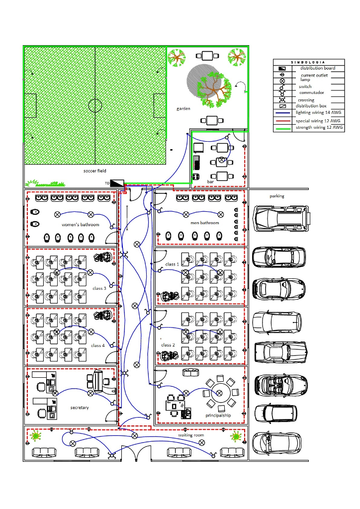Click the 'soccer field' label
pos(94,171)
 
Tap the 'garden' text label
pos(183,108)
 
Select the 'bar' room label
pos(210,182)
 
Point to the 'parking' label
pos(277,196)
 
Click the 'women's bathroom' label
pos(81,225)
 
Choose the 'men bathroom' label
pos(204,223)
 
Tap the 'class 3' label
pos(99,288)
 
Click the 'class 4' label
pos(97,345)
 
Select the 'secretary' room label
pos(80,408)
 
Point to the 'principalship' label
pos(218,415)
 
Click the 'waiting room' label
pos(191,435)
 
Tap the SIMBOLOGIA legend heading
pos(308,62)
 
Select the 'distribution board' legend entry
pos(317,68)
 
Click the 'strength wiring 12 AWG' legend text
pos(319,128)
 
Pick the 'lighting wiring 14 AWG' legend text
pos(318,113)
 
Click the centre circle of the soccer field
pos(95,105)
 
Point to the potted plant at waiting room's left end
pos(36,436)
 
